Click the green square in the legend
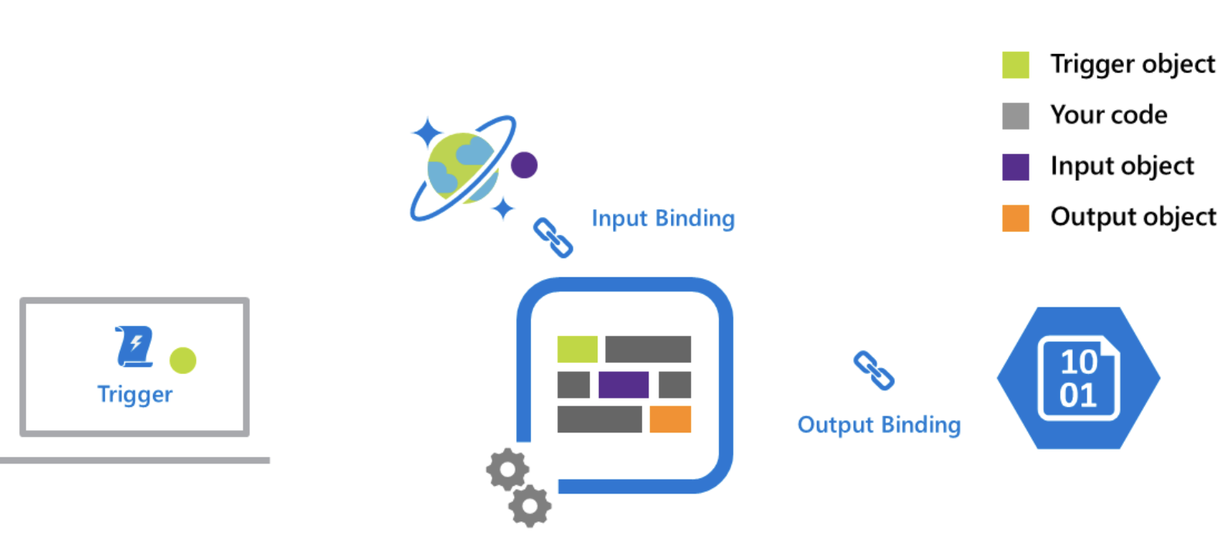1015,65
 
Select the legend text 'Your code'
1108,115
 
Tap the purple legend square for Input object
1015,167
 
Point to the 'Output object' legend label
1133,217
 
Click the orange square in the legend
1015,218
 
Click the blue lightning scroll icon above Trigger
134,346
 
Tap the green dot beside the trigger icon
183,360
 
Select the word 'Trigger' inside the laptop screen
135,394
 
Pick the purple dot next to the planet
524,165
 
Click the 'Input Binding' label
662,219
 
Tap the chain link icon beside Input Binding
553,237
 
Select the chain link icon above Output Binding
873,371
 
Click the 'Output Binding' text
879,425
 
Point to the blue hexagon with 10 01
1078,378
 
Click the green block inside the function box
577,349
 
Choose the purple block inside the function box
623,385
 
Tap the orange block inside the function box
670,419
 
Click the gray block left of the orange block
599,419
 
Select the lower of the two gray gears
530,507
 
